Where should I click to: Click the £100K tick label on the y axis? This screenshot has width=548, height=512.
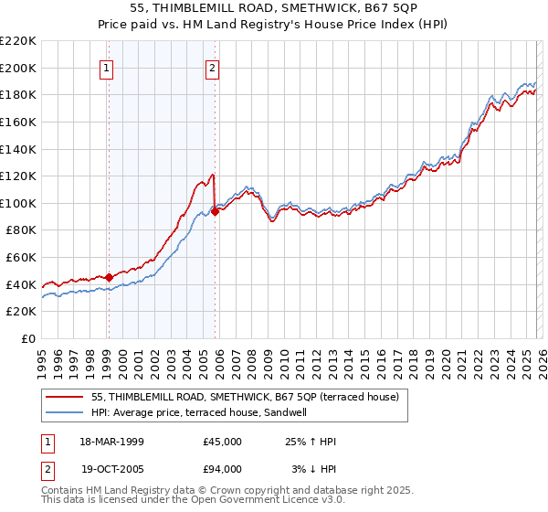[18, 203]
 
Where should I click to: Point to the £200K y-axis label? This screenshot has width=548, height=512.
[18, 68]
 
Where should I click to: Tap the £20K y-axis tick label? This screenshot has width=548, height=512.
[21, 311]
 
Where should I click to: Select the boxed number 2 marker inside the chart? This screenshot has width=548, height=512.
[213, 67]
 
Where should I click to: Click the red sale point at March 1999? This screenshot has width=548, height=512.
[109, 277]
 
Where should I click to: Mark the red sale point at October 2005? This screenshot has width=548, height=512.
[215, 211]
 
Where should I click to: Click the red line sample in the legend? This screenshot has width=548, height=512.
[65, 398]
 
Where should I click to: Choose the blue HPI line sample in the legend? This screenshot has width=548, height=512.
[65, 413]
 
